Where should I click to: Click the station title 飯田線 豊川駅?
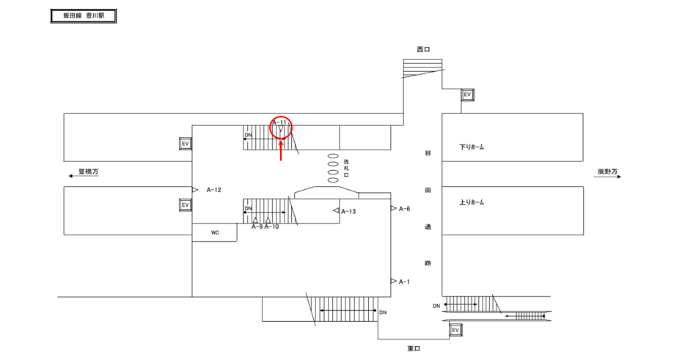[83, 16]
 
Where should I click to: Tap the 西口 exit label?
[423, 50]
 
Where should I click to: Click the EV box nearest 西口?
[466, 95]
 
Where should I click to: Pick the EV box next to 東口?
[455, 331]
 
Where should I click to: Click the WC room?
[215, 232]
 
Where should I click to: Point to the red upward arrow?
[282, 150]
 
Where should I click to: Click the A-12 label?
[213, 190]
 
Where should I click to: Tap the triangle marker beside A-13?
[335, 211]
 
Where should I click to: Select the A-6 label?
[404, 209]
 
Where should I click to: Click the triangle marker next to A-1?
[394, 282]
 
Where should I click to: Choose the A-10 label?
[271, 227]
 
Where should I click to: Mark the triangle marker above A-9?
[255, 219]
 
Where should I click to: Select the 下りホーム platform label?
[472, 147]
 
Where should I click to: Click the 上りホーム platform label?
[472, 202]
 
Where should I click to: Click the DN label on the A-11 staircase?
[249, 136]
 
